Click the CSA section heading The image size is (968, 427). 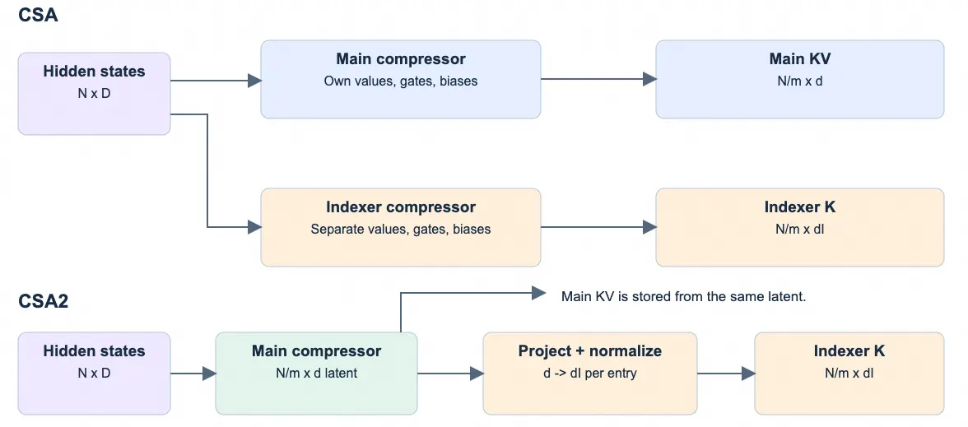pos(38,15)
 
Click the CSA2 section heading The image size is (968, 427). pos(43,301)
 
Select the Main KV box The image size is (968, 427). pos(799,79)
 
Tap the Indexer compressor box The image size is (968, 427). pos(401,227)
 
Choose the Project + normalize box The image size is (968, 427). pos(589,374)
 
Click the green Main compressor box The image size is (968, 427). pos(316,374)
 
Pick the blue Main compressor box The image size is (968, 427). pos(401,79)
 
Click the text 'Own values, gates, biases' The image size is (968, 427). pos(401,81)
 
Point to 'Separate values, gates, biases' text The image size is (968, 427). pos(401,229)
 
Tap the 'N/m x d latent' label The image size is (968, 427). pos(316,374)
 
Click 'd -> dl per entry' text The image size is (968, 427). pos(589,374)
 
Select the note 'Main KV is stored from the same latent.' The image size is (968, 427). pos(683,296)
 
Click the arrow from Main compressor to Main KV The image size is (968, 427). pos(598,79)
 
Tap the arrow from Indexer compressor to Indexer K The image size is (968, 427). pos(598,227)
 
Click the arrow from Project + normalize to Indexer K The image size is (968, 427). pos(726,374)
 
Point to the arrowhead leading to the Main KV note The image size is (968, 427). pos(539,293)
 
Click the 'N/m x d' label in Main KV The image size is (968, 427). pos(799,81)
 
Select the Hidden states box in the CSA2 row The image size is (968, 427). pos(94,374)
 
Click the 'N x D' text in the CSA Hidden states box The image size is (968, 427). pos(94,94)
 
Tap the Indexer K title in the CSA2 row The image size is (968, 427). pos(849,351)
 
